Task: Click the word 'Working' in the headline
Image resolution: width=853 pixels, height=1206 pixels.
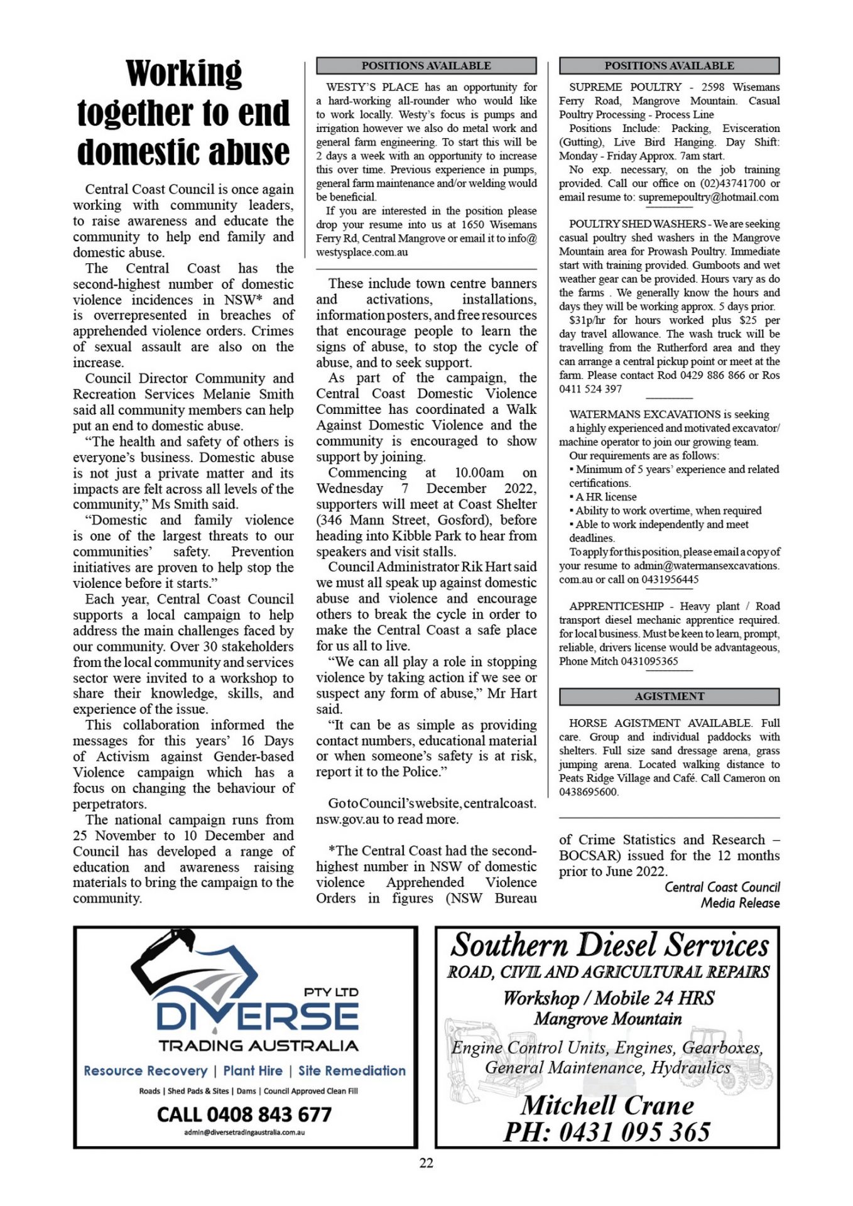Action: click(x=183, y=73)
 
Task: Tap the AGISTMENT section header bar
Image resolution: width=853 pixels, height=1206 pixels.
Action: click(x=669, y=696)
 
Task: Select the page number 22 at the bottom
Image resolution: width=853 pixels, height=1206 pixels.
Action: click(x=426, y=1163)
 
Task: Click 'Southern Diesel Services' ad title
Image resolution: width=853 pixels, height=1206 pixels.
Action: click(x=609, y=945)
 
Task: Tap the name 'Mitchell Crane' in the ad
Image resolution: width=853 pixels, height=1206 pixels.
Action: click(x=607, y=1105)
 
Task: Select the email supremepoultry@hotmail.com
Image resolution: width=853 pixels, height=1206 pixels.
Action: click(x=709, y=197)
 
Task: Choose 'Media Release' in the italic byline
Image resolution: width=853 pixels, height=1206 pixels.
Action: click(x=740, y=903)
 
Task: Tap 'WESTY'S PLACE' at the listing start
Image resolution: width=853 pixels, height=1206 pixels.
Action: click(x=372, y=87)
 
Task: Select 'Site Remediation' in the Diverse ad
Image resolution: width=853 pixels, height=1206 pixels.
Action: click(x=352, y=1070)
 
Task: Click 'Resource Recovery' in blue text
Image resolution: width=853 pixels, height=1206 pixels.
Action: click(x=145, y=1070)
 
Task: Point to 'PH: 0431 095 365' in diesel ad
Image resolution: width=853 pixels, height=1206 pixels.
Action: click(x=607, y=1132)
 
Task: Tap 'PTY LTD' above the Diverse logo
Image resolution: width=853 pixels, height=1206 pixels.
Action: click(x=331, y=992)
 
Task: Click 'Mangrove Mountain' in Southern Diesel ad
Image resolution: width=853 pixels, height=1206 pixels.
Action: click(x=607, y=1019)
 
